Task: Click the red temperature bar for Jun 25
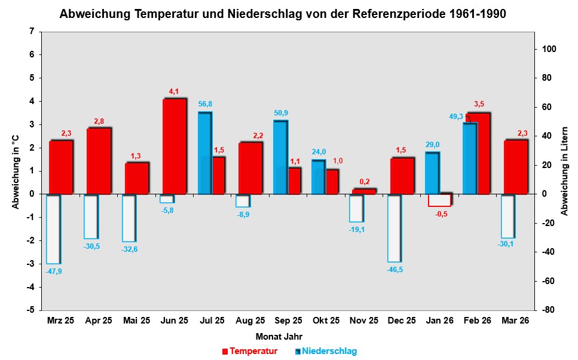[x=175, y=147]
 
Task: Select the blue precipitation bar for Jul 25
[x=204, y=153]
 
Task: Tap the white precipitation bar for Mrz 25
[x=53, y=229]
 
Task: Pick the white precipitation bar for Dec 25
[x=394, y=228]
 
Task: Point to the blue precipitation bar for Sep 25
[x=280, y=157]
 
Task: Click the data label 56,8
[x=205, y=105]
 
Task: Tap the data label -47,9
[x=53, y=271]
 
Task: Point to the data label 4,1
[x=174, y=91]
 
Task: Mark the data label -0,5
[x=441, y=214]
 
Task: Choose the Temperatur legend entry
[x=249, y=351]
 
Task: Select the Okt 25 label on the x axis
[x=326, y=321]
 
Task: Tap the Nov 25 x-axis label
[x=363, y=321]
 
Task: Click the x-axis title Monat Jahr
[x=279, y=336]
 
